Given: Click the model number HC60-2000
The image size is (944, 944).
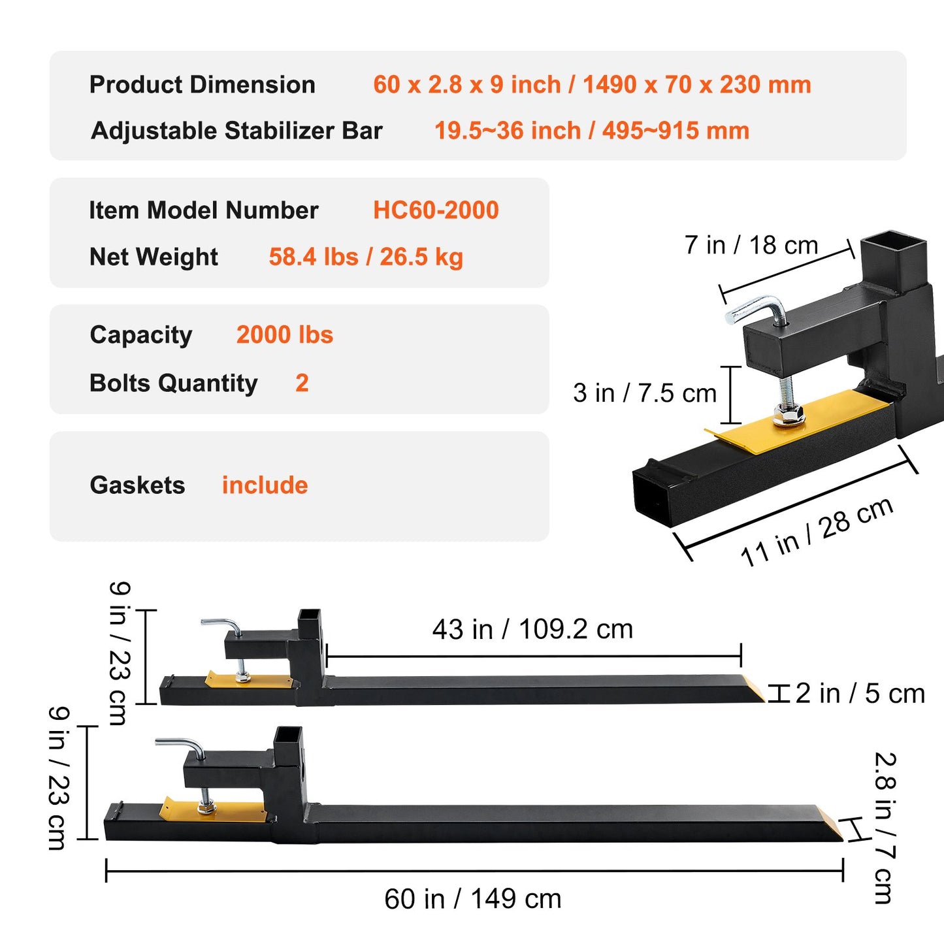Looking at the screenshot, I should pos(436,210).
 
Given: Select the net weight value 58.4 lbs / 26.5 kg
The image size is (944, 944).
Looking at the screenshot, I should pos(366,257).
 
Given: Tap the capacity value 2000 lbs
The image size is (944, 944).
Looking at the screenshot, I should pos(285,335).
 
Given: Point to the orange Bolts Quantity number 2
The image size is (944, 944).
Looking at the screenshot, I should pos(302,383).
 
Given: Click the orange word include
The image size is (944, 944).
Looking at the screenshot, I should pos(265,485).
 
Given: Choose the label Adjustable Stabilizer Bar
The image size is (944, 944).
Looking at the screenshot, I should pos(236,131).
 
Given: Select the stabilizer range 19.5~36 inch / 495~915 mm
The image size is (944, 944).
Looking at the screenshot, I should pos(592,131).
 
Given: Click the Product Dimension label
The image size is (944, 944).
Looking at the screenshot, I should pos(203,85).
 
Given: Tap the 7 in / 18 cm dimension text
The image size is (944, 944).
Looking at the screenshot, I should pos(751,246).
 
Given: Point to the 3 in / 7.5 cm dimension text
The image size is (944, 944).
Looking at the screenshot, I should pos(645,393).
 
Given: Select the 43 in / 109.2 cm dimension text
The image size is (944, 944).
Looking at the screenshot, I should pos(532,630).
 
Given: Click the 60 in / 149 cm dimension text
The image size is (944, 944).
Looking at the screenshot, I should pos(472,899).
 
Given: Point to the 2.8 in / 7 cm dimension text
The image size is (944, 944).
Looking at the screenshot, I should pos(885,828).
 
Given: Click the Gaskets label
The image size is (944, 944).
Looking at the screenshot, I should pos(137,485).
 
